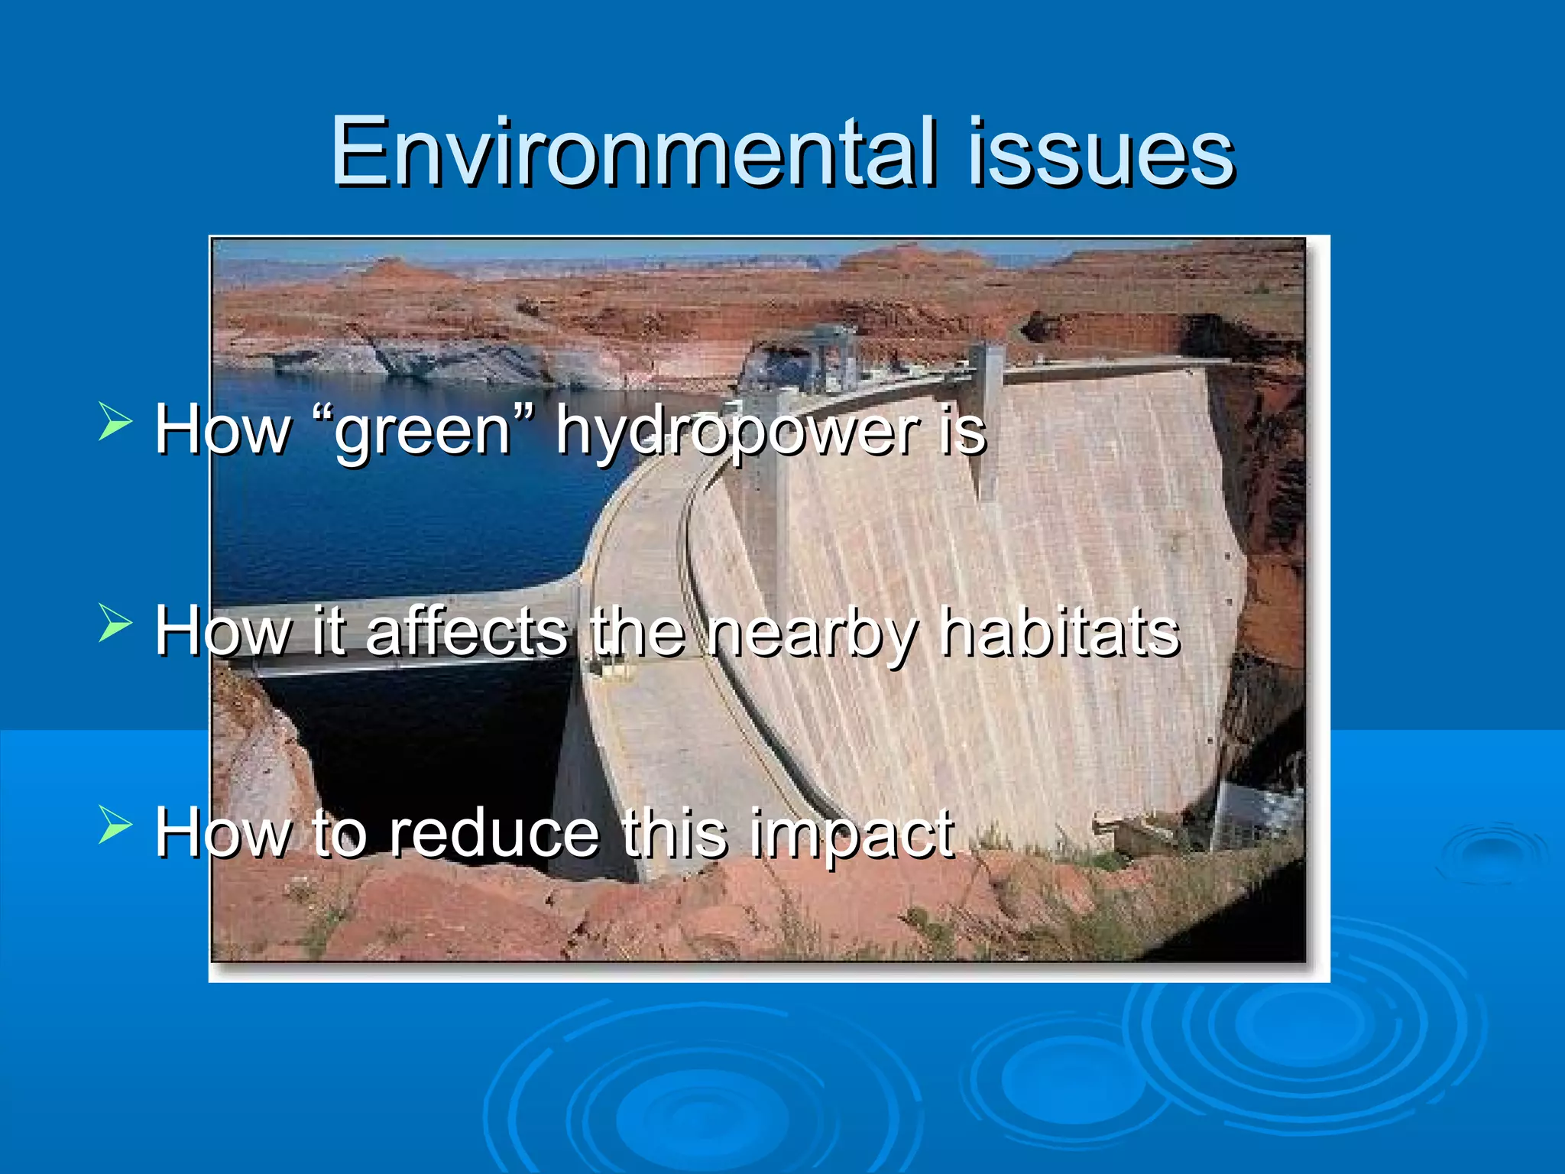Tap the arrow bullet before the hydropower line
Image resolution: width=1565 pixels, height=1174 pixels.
[x=115, y=423]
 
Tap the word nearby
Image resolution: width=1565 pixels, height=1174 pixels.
[x=810, y=633]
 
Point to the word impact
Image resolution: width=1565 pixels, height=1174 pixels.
[x=851, y=835]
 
